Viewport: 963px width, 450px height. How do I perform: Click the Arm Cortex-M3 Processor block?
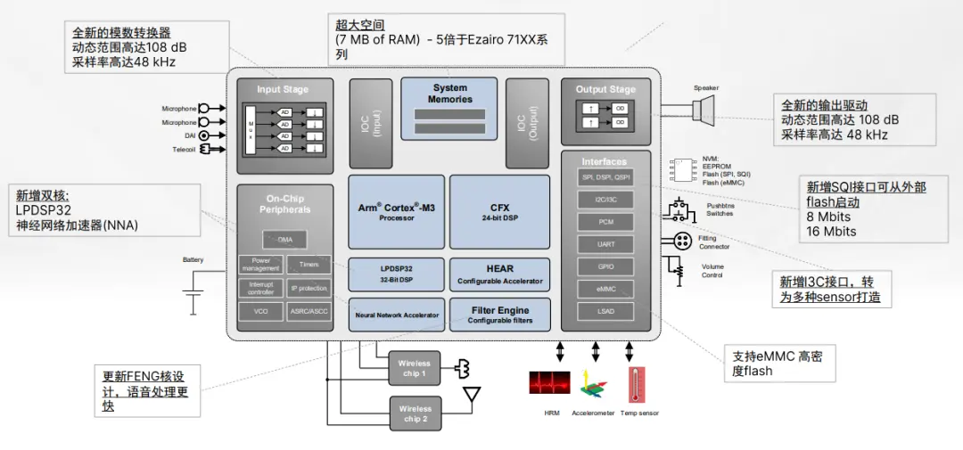(x=397, y=212)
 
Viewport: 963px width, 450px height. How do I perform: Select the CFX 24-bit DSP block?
(x=499, y=212)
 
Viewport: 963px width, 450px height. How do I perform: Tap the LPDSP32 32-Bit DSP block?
(x=397, y=272)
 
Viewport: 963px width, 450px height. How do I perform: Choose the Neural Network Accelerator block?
(x=397, y=315)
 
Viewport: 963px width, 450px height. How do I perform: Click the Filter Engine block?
(x=499, y=315)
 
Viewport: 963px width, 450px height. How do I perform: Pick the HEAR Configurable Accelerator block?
(x=499, y=274)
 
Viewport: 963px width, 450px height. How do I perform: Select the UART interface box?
(x=605, y=243)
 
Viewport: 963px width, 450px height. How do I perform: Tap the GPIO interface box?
(x=605, y=266)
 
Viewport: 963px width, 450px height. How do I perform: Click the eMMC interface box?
(x=605, y=289)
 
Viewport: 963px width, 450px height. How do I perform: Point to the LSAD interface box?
(x=605, y=311)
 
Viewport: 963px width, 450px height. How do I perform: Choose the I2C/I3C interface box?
(x=605, y=199)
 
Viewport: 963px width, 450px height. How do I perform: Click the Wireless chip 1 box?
(x=414, y=368)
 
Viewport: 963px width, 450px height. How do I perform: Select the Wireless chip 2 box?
(x=414, y=413)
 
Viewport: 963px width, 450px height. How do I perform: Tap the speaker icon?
(x=704, y=110)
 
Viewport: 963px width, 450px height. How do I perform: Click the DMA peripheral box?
(x=284, y=240)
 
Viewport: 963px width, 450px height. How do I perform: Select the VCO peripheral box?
(x=260, y=312)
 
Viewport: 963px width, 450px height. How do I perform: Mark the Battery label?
(x=193, y=260)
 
